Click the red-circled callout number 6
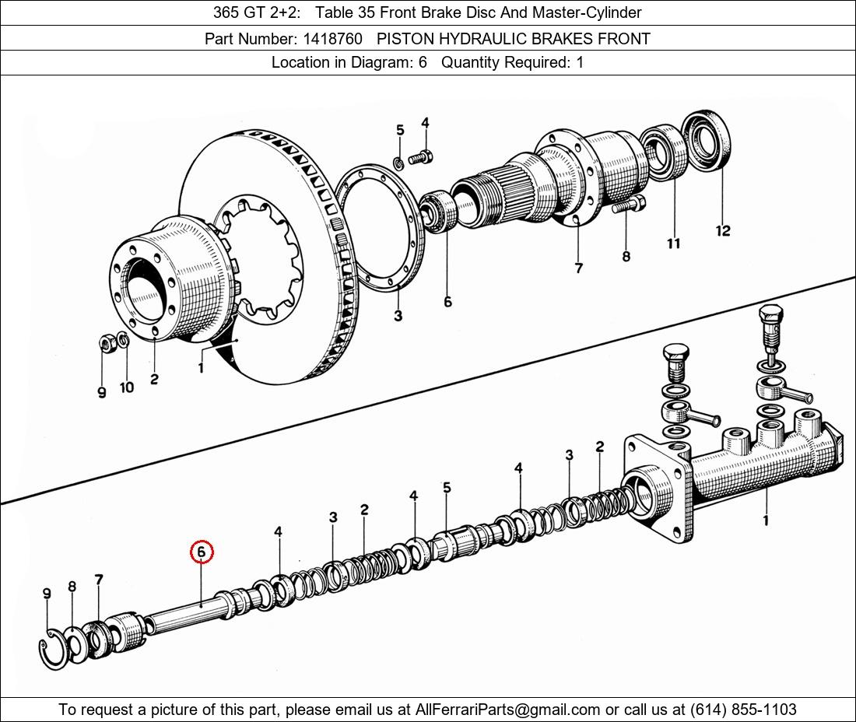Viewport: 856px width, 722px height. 201,552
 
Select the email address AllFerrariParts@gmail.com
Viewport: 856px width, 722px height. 508,710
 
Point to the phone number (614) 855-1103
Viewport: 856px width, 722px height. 742,710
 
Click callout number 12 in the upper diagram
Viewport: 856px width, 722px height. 723,230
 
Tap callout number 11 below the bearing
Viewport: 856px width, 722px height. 673,244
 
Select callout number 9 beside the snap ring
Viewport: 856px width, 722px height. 47,594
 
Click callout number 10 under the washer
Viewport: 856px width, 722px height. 127,387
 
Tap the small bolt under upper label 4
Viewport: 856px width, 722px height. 421,158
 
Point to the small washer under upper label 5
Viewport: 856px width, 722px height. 398,163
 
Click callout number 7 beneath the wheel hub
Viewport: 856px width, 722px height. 578,268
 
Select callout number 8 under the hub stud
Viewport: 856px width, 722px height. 626,256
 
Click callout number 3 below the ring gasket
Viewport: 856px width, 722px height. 398,316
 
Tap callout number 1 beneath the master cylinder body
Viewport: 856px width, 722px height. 766,520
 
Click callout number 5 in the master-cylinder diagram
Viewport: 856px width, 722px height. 447,488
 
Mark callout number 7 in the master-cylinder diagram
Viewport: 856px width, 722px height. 98,580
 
